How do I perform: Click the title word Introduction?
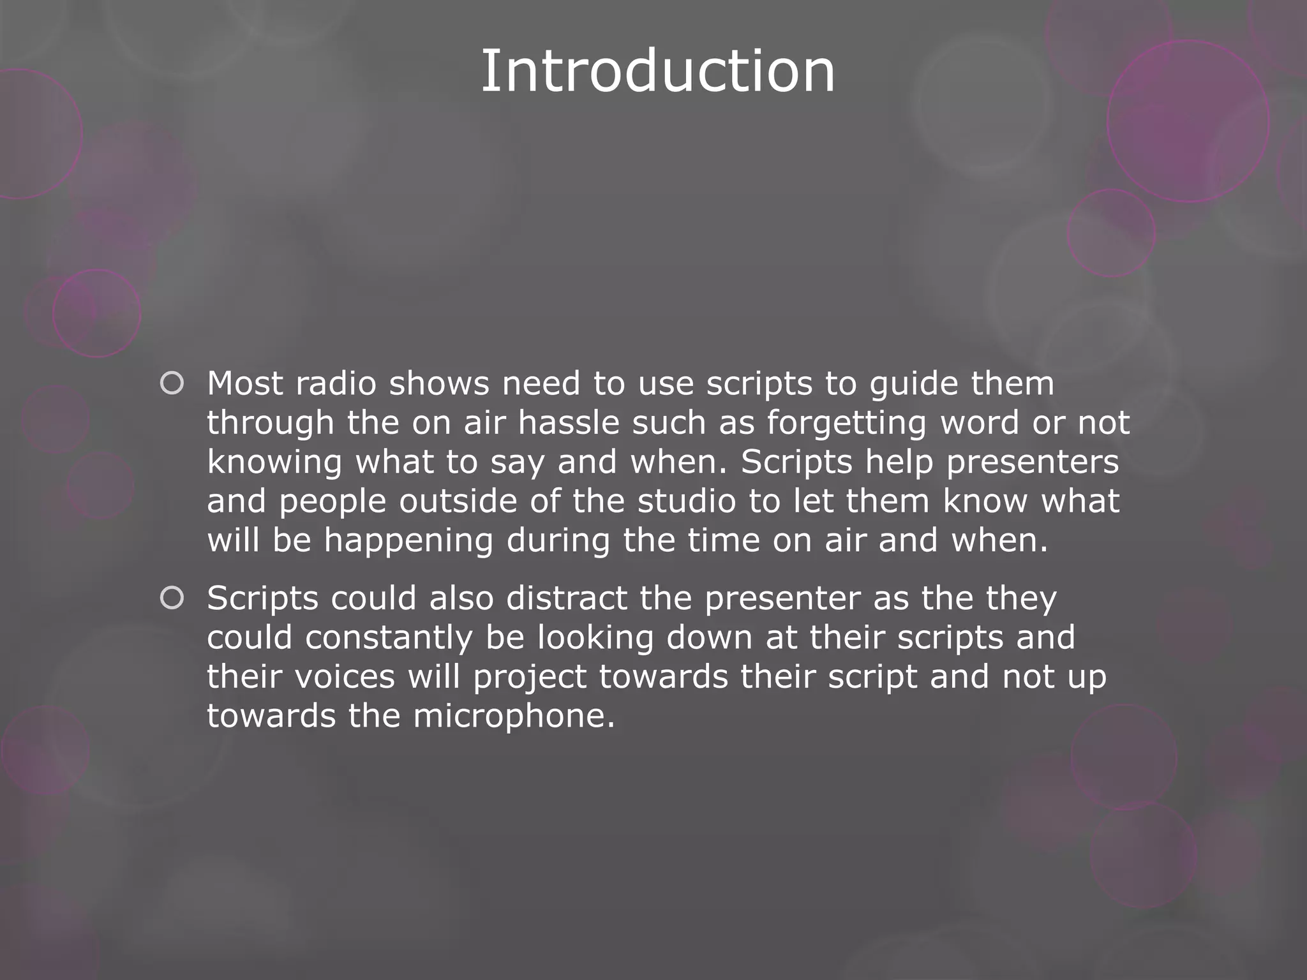(657, 71)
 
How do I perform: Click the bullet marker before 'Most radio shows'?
(172, 383)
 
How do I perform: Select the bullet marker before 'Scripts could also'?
(172, 598)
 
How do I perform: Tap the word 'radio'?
(336, 383)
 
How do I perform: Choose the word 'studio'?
(687, 501)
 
